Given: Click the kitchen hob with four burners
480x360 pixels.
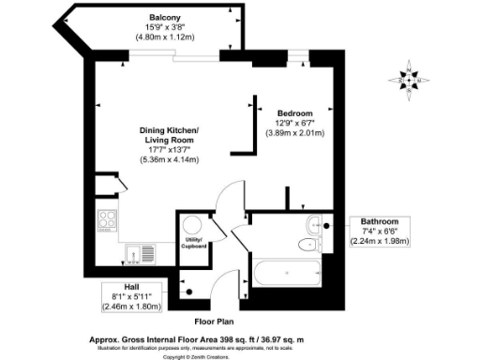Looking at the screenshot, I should (x=108, y=223).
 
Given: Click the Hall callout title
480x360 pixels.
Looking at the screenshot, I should (x=132, y=286).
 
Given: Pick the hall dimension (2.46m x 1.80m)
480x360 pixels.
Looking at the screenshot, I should (x=132, y=306).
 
